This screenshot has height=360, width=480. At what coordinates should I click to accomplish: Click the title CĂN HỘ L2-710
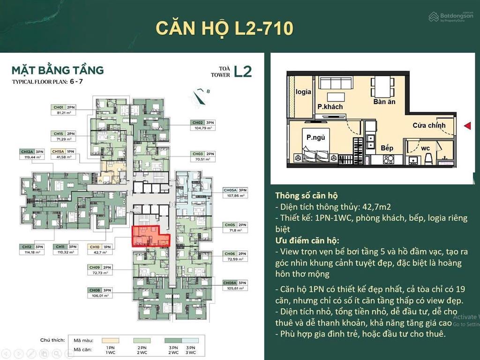[x=225, y=28]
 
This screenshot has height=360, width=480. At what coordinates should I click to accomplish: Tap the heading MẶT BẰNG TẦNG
[x=58, y=71]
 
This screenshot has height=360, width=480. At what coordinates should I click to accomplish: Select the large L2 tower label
[x=243, y=71]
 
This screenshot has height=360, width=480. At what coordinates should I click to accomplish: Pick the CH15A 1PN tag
[x=63, y=151]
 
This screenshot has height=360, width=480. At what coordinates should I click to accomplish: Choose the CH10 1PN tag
[x=99, y=246]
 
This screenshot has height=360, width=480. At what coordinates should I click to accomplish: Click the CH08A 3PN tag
[x=234, y=283]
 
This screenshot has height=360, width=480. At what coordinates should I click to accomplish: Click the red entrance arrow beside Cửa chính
[x=467, y=126]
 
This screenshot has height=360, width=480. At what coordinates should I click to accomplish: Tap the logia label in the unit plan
[x=303, y=92]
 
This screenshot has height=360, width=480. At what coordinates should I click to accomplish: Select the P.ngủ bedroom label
[x=315, y=137]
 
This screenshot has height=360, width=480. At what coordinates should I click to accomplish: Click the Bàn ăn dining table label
[x=384, y=101]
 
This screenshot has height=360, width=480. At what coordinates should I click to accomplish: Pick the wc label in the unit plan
[x=425, y=148]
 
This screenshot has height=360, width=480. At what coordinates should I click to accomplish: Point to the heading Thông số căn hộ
[x=306, y=195]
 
